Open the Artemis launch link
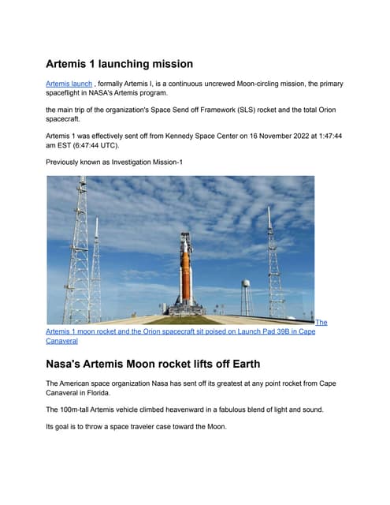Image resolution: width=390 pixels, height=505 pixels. (x=69, y=83)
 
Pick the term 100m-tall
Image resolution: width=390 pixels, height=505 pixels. (x=84, y=410)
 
